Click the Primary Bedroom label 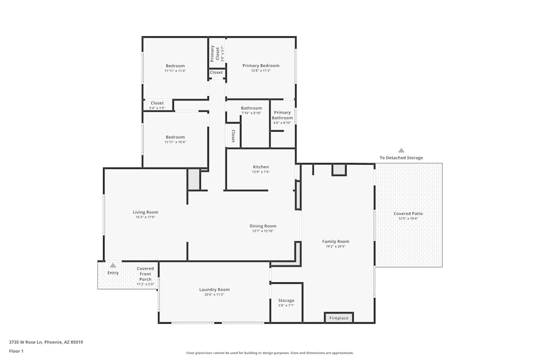pos(261,66)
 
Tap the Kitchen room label pos(261,167)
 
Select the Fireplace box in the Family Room pos(339,318)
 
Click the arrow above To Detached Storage pos(401,151)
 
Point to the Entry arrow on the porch pos(113,265)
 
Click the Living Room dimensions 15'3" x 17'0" pos(145,218)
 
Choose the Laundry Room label pos(214,290)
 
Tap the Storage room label pos(286,301)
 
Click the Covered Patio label pos(408,214)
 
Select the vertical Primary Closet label pos(213,52)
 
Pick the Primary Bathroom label pos(282,116)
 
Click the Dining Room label pos(263,226)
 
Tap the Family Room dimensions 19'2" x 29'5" pos(336,247)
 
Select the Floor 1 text pos(16,351)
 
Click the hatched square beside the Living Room pos(193,179)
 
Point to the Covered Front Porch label pos(145,274)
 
